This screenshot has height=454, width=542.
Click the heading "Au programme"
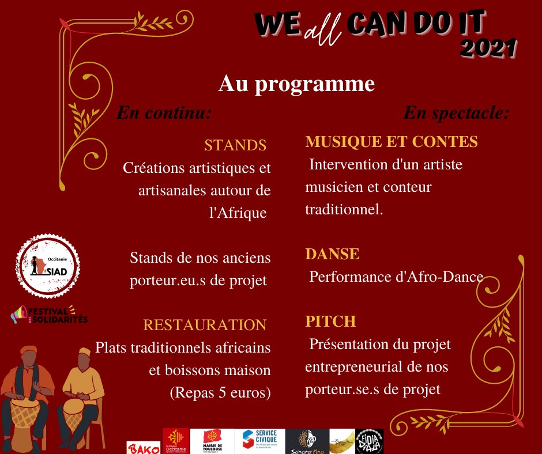click(x=296, y=84)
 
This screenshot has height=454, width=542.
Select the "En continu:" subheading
click(x=164, y=112)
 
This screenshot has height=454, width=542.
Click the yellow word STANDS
click(x=235, y=145)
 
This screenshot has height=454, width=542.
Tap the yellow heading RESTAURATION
click(x=205, y=325)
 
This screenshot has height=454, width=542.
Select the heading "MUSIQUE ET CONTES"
click(x=392, y=142)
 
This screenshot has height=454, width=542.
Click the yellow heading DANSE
click(x=332, y=254)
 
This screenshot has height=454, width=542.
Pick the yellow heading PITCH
click(x=330, y=321)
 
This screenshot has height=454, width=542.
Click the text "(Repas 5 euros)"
click(x=220, y=393)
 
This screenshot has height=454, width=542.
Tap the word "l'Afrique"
click(x=239, y=213)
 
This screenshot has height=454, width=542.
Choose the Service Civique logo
click(x=259, y=441)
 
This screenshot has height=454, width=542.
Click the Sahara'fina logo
click(x=307, y=441)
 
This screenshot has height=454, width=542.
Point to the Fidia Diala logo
click(x=369, y=441)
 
